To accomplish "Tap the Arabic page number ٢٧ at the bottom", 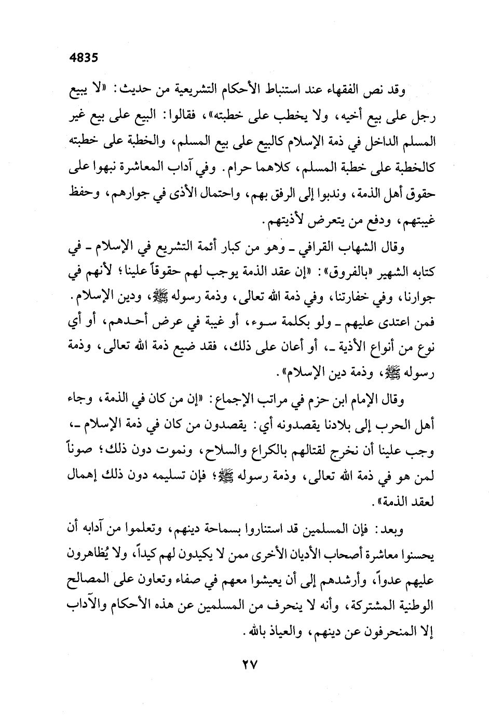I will click(244, 665).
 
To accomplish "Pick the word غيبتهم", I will click(416, 224).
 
